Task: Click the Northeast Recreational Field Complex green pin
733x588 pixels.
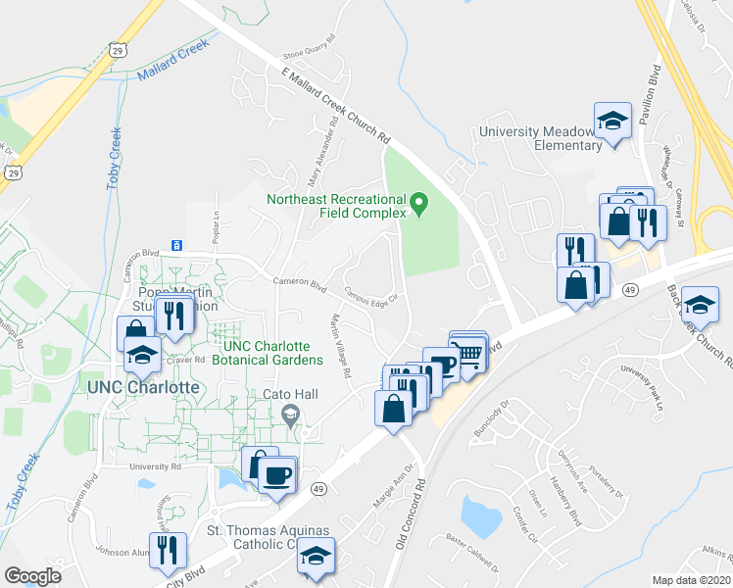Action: click(420, 205)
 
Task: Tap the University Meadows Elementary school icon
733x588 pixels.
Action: click(612, 121)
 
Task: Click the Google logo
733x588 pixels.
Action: click(32, 575)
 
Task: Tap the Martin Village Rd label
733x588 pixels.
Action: click(340, 346)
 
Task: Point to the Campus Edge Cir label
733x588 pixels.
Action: click(370, 295)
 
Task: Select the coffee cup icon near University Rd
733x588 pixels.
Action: click(277, 475)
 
